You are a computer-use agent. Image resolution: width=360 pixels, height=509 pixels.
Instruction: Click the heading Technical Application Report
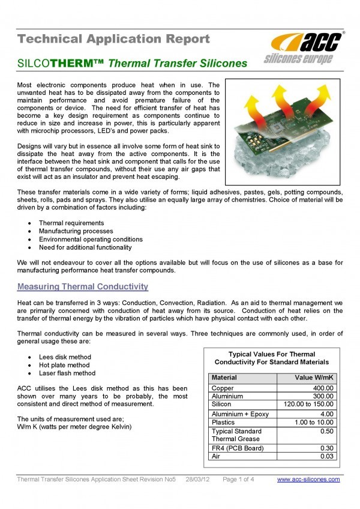point(113,40)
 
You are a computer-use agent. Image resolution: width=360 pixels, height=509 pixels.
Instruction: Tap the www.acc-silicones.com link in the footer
point(308,479)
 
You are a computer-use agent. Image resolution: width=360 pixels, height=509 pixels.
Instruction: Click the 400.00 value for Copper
point(322,388)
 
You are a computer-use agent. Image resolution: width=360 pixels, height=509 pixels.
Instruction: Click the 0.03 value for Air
point(325,456)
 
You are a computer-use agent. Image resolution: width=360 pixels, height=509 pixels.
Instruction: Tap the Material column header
point(224,378)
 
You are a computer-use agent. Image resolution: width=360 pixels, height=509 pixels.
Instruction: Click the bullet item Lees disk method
point(65,357)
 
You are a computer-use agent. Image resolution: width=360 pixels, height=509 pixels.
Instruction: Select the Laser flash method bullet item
point(67,373)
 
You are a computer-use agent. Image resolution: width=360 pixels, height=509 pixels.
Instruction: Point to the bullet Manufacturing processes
point(76,231)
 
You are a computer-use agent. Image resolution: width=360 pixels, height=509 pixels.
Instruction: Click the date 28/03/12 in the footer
point(197,479)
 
